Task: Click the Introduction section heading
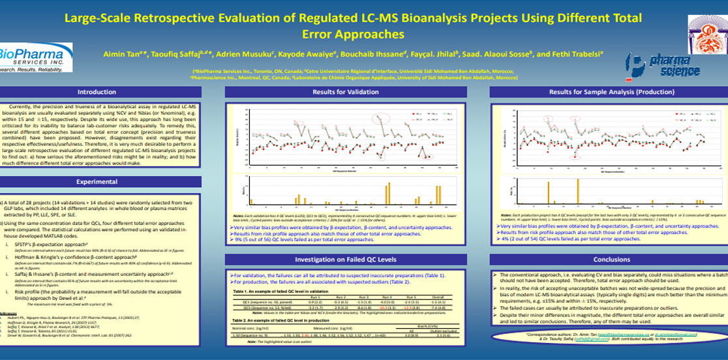[96, 92]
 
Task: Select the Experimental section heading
[96, 181]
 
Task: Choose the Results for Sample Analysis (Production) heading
[602, 92]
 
